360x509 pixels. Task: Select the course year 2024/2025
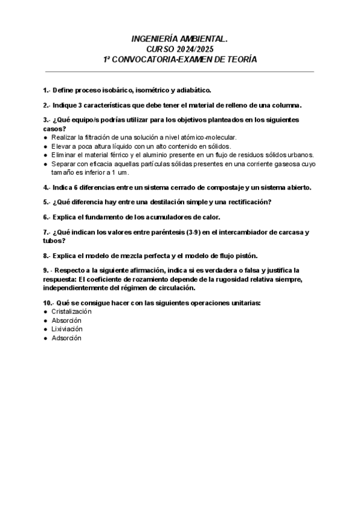point(193,49)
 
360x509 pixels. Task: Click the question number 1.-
point(47,90)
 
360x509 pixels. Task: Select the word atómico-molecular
point(206,137)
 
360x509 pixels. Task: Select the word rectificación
point(247,202)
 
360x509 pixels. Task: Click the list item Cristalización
point(71,312)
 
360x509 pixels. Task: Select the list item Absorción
point(66,321)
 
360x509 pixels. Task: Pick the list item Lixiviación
point(67,329)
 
